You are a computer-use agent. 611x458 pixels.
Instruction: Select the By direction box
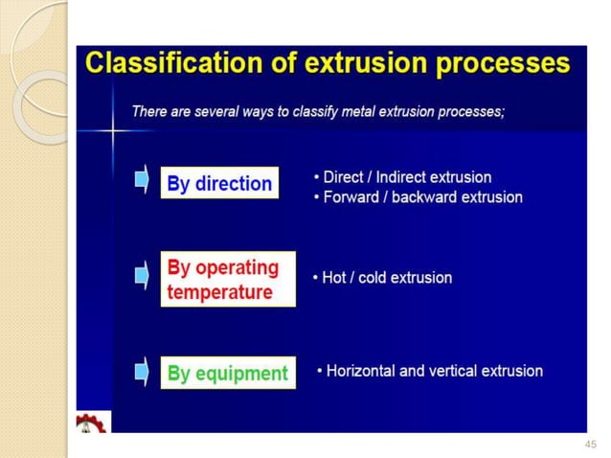click(219, 184)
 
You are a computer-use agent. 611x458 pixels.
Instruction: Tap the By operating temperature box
click(228, 279)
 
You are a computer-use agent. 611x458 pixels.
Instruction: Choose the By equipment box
click(227, 373)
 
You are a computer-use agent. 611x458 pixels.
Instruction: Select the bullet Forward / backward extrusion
click(418, 197)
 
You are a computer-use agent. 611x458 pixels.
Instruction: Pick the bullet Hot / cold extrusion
click(382, 278)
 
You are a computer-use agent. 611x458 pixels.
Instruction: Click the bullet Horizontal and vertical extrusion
click(429, 371)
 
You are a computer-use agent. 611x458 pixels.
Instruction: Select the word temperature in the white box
click(220, 291)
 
